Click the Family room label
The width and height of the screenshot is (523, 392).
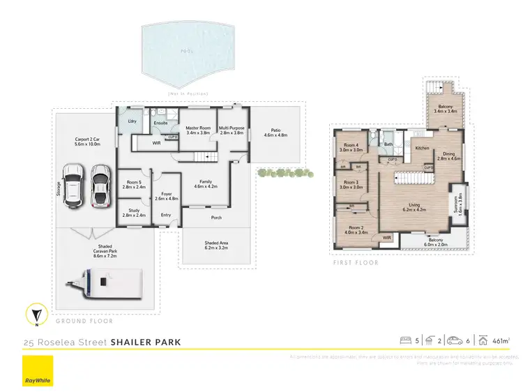pyautogui.click(x=204, y=183)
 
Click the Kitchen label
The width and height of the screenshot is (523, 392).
pyautogui.click(x=423, y=148)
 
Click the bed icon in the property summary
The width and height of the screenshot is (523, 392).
pyautogui.click(x=404, y=340)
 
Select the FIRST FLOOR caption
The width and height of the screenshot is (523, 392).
pyautogui.click(x=356, y=263)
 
